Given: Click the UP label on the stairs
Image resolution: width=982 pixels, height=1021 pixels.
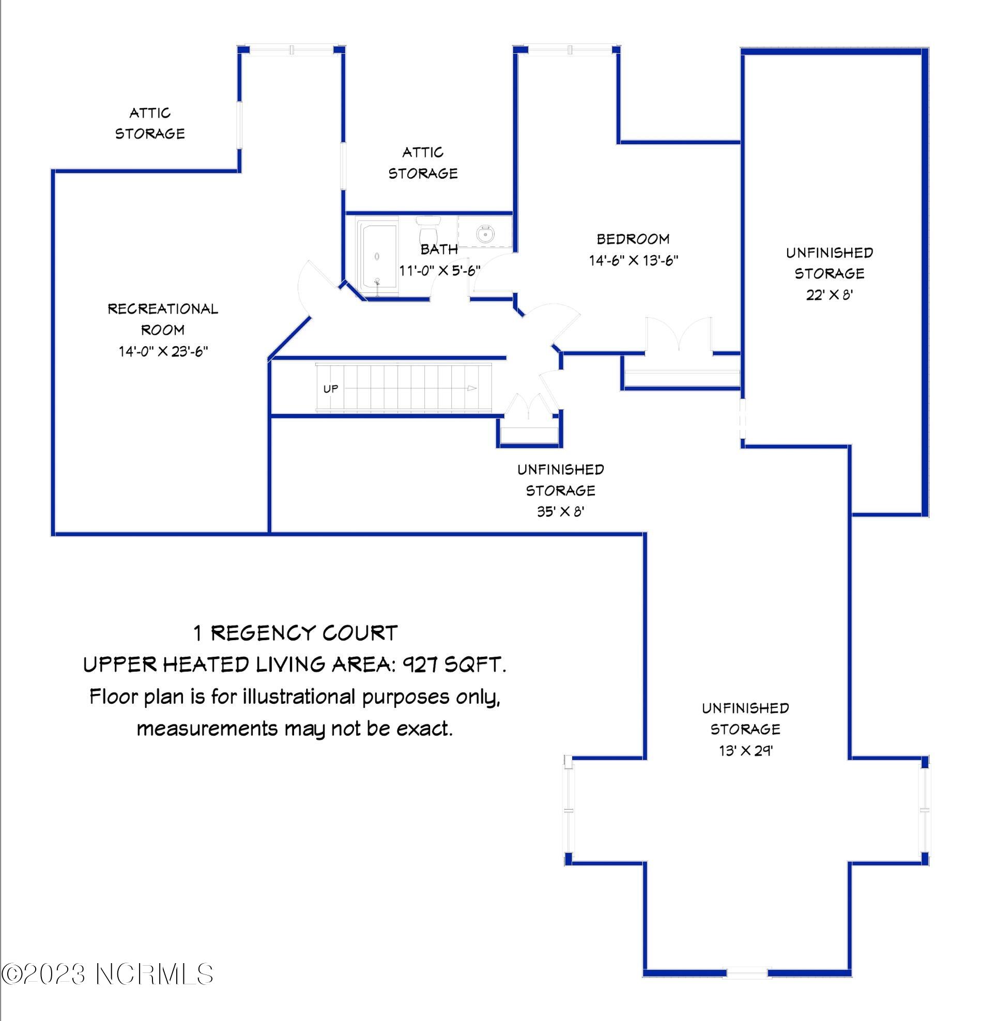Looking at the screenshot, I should [331, 389].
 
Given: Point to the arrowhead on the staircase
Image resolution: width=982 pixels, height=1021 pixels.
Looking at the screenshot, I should [471, 388].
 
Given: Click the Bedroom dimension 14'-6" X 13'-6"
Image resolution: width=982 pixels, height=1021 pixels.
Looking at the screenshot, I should [633, 260].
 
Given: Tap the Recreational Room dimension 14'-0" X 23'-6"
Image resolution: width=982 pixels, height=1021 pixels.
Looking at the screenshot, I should [163, 352].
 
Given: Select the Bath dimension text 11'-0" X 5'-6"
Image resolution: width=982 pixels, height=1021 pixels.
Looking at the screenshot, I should [439, 270].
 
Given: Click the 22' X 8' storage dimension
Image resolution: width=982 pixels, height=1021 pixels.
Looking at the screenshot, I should [830, 295].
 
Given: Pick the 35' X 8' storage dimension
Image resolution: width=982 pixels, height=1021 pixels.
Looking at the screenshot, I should [561, 512].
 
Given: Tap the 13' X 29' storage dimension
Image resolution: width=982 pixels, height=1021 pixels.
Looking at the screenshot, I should [745, 751].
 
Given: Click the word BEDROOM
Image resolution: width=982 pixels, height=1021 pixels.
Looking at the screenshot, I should [633, 239].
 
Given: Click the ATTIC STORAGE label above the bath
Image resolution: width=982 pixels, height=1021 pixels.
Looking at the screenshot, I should [422, 163].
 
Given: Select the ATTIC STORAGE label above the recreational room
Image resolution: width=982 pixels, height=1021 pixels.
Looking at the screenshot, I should [150, 123].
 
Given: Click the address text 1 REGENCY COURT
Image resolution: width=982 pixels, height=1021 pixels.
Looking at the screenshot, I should [296, 633].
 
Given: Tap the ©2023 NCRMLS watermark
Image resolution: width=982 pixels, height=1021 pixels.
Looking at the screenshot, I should [107, 973].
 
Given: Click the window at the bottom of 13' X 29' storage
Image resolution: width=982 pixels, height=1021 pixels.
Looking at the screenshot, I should [746, 972].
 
